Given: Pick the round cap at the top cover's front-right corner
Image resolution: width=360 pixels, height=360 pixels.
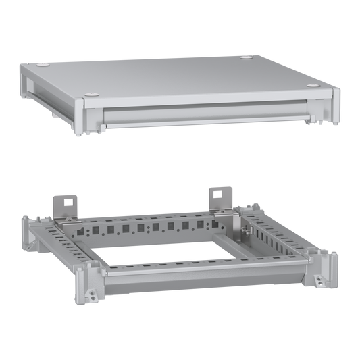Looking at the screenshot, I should point(313,86).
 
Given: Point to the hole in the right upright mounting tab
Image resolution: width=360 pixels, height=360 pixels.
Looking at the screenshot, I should point(218,193).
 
